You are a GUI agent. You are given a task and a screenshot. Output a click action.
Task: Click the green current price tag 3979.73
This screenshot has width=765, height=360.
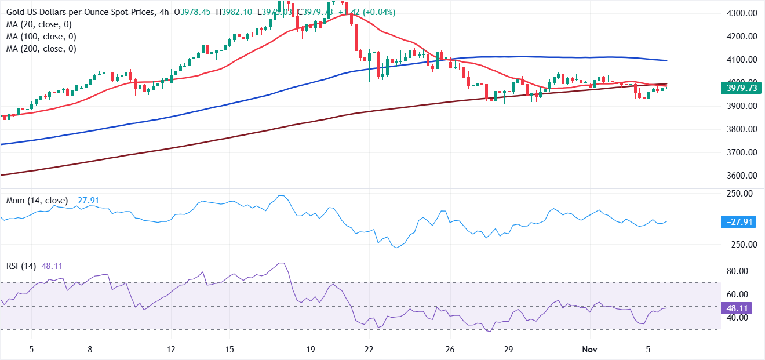pyautogui.click(x=741, y=88)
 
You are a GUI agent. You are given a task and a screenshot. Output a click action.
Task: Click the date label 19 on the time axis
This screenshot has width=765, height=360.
pyautogui.click(x=311, y=350)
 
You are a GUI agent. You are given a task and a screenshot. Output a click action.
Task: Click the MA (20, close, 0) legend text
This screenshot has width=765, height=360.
pyautogui.click(x=38, y=24)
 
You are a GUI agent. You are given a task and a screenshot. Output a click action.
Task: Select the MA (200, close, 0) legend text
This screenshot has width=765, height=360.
pyautogui.click(x=41, y=49)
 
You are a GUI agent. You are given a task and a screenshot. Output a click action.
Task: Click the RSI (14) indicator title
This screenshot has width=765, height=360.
pyautogui.click(x=21, y=266)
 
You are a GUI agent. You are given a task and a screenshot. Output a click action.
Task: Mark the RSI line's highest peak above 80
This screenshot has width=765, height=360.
pyautogui.click(x=281, y=263)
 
